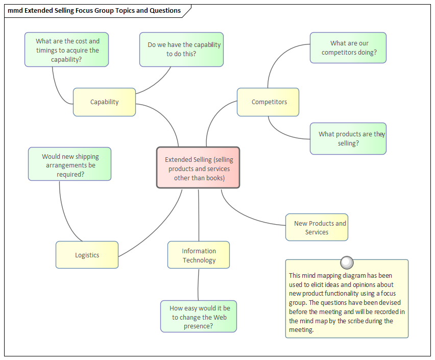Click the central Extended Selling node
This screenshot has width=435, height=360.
click(x=198, y=168)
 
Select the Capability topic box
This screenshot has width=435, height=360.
click(x=104, y=102)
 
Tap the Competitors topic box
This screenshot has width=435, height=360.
click(x=269, y=102)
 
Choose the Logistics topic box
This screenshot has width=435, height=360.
click(x=87, y=255)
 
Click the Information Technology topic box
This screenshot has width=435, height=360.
click(x=199, y=255)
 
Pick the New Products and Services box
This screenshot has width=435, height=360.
click(x=317, y=227)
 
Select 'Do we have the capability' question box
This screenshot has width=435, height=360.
click(x=182, y=50)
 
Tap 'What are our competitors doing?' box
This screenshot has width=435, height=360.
click(x=348, y=48)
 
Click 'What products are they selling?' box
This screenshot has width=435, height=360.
click(x=348, y=138)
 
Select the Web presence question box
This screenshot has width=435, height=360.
click(x=199, y=317)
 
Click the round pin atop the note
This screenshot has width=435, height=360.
click(x=347, y=262)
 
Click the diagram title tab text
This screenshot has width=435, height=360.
click(x=94, y=10)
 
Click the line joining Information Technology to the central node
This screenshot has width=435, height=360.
click(x=199, y=214)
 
